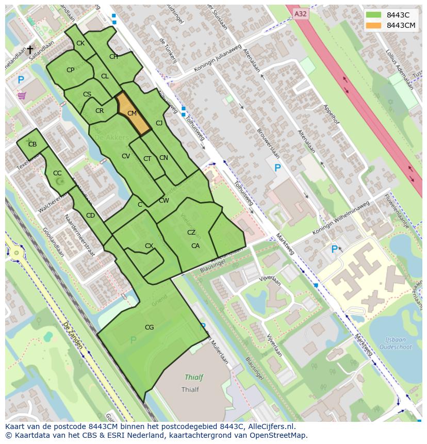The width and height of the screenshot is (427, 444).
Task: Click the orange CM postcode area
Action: click(132, 113)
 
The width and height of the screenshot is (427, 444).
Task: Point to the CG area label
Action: click(149, 327)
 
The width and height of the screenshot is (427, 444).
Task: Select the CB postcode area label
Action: click(32, 144)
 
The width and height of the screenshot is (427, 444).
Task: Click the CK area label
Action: click(80, 43)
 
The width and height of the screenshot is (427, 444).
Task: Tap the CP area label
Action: click(71, 70)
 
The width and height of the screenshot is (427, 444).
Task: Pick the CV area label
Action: click(126, 156)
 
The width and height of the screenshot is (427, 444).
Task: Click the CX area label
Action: click(149, 246)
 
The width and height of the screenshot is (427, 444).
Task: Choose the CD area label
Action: click(90, 216)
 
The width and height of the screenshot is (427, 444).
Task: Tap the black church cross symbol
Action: click(30, 50)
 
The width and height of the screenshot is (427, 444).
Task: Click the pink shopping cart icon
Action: click(22, 95)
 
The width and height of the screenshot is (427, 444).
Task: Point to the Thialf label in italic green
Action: click(190, 377)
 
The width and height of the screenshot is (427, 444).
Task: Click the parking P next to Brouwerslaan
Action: click(277, 168)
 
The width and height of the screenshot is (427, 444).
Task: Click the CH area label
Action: click(113, 57)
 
